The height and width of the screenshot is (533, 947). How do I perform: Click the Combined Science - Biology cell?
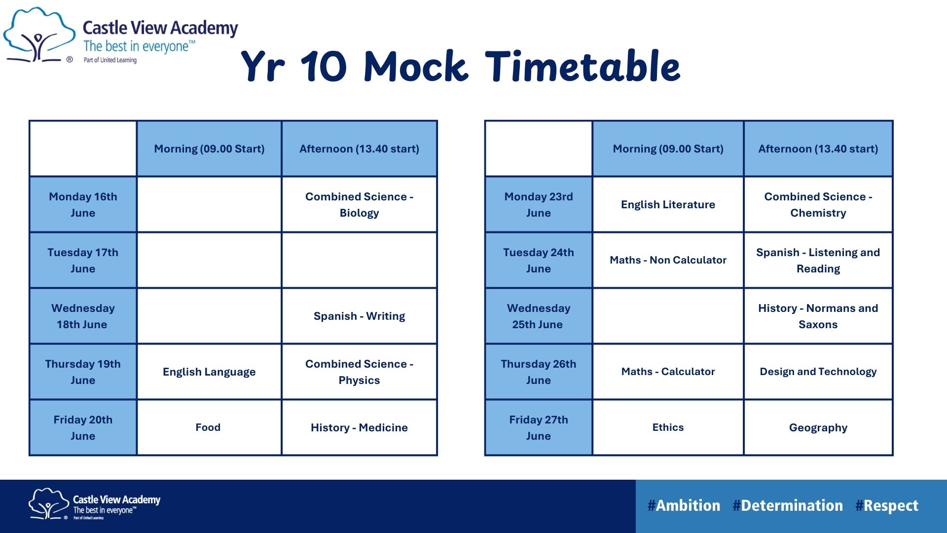(x=359, y=204)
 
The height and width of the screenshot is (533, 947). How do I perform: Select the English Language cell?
(x=209, y=372)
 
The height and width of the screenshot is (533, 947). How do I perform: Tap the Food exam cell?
(x=209, y=427)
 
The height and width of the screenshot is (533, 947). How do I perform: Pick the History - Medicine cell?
(x=359, y=427)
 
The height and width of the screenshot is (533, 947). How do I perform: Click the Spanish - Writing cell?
(x=359, y=316)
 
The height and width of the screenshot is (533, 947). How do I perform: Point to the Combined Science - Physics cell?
(x=359, y=372)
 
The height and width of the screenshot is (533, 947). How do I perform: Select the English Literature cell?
(x=668, y=204)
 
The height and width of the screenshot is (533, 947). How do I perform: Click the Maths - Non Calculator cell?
(x=668, y=260)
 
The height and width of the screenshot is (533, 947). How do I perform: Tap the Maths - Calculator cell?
(x=668, y=372)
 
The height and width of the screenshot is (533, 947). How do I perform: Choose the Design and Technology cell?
(x=818, y=372)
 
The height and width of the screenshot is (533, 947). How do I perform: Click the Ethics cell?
(x=668, y=427)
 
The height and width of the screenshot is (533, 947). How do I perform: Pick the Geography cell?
(x=818, y=427)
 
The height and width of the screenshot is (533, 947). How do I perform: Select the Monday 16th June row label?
(x=83, y=204)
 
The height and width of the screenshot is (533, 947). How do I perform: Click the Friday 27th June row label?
(x=539, y=427)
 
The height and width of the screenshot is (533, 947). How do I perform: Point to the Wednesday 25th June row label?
(x=539, y=316)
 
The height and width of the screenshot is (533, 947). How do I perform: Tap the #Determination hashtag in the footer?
(x=788, y=506)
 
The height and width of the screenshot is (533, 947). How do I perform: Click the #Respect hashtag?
(x=887, y=506)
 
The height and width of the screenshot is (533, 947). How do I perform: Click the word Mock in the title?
(x=416, y=66)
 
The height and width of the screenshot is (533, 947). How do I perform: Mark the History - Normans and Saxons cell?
(x=818, y=316)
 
